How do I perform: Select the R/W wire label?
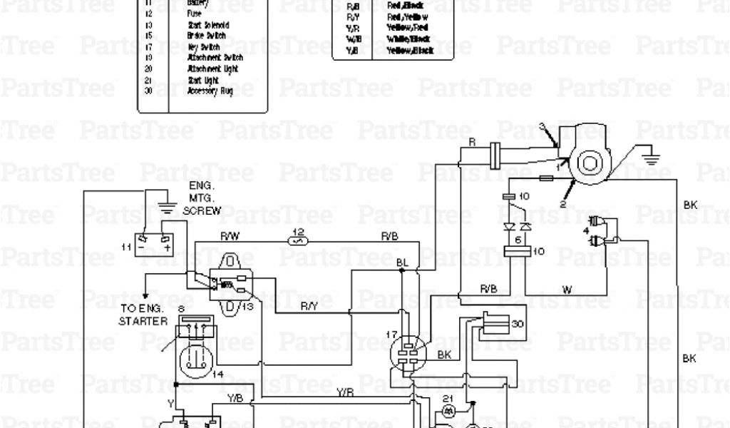tap(229, 235)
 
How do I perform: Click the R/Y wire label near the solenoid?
tap(309, 307)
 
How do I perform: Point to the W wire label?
tap(567, 290)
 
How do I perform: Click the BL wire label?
tap(403, 263)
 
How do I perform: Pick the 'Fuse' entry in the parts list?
tap(194, 13)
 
